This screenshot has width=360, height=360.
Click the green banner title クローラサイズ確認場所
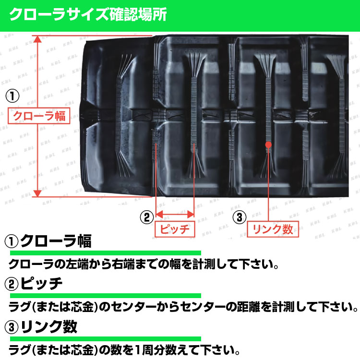(x=88, y=15)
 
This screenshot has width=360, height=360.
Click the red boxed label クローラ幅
(x=39, y=116)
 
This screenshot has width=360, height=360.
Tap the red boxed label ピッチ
(x=175, y=229)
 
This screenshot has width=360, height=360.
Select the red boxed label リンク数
(x=273, y=229)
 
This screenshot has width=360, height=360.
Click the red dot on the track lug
(x=268, y=144)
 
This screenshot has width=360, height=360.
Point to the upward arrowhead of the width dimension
(x=37, y=39)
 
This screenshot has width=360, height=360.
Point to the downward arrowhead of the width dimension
(x=37, y=193)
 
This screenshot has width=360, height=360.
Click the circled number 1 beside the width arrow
(x=12, y=96)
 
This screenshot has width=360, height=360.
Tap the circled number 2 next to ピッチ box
(x=147, y=217)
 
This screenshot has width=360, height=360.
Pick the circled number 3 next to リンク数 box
(x=240, y=217)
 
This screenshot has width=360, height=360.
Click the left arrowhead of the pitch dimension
(x=159, y=215)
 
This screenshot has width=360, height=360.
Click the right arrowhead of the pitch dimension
(x=191, y=215)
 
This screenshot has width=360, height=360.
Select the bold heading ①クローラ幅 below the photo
(x=48, y=241)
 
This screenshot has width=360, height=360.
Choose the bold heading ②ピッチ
(x=34, y=284)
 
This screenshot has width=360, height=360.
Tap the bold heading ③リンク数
(x=41, y=327)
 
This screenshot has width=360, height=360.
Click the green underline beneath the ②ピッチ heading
(x=106, y=296)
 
